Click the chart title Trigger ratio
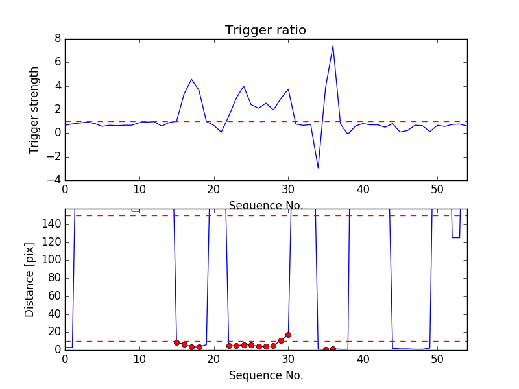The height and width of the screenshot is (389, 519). (265, 30)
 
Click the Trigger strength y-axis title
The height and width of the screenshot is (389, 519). (34, 110)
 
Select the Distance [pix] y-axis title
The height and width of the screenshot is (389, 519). (30, 280)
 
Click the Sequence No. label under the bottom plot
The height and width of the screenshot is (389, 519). (266, 375)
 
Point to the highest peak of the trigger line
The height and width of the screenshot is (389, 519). (333, 45)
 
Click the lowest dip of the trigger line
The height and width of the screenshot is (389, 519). (318, 168)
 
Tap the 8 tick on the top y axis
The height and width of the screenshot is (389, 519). (57, 39)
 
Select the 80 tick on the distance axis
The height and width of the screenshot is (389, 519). (54, 278)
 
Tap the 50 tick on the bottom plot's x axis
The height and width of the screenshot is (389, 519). (437, 360)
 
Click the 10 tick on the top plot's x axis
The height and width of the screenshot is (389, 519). (139, 189)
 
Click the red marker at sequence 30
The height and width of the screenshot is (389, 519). (288, 335)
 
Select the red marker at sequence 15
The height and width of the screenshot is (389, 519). (176, 342)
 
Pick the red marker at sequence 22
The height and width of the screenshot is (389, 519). (229, 346)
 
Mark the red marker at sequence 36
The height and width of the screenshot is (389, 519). (333, 349)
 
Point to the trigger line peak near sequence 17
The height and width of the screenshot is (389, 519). (191, 80)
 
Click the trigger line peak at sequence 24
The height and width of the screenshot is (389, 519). (243, 86)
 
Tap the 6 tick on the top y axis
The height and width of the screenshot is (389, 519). (57, 63)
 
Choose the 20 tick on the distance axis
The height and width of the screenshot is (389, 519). (54, 332)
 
